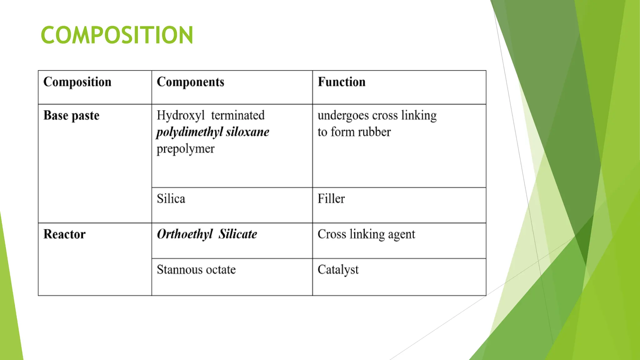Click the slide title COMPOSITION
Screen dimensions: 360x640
pyautogui.click(x=117, y=35)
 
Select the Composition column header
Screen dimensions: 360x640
pyautogui.click(x=77, y=82)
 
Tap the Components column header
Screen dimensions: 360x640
pyautogui.click(x=190, y=82)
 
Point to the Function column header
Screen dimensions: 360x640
pyautogui.click(x=342, y=82)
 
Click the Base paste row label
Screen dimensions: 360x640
pyautogui.click(x=71, y=116)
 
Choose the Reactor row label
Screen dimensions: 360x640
pyautogui.click(x=64, y=234)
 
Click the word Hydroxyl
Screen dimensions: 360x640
pyautogui.click(x=181, y=116)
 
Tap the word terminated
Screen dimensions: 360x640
pyautogui.click(x=238, y=115)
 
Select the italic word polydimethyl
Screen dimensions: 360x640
pyautogui.click(x=189, y=132)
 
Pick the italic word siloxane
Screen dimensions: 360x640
pyautogui.click(x=247, y=132)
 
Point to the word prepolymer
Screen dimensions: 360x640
pyautogui.click(x=186, y=149)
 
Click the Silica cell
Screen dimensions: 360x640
pyautogui.click(x=171, y=199)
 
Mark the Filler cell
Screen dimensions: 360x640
pyautogui.click(x=331, y=199)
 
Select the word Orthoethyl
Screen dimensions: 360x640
pyautogui.click(x=185, y=234)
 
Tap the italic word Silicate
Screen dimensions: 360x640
pyautogui.click(x=238, y=234)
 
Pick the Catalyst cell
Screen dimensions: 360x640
pyautogui.click(x=338, y=270)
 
